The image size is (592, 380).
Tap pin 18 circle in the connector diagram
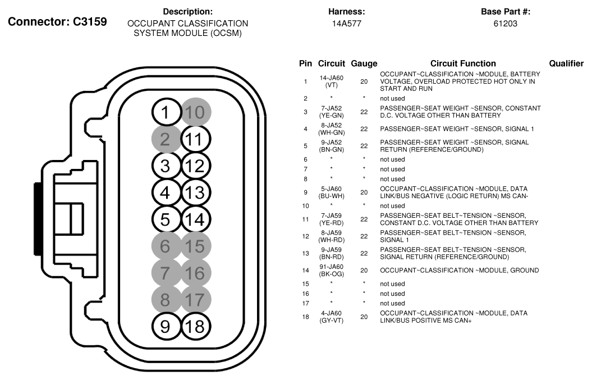click(x=194, y=326)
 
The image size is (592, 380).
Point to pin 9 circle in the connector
click(x=165, y=326)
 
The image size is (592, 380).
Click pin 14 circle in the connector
click(x=194, y=219)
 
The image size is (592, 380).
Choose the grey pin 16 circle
click(x=194, y=273)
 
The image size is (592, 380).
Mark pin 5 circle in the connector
click(x=165, y=219)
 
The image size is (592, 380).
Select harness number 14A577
click(x=347, y=24)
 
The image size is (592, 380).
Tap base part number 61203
click(x=506, y=24)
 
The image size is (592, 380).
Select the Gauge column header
click(x=364, y=63)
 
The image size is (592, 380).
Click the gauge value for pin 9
click(x=364, y=192)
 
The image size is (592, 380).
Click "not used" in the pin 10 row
click(x=392, y=206)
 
